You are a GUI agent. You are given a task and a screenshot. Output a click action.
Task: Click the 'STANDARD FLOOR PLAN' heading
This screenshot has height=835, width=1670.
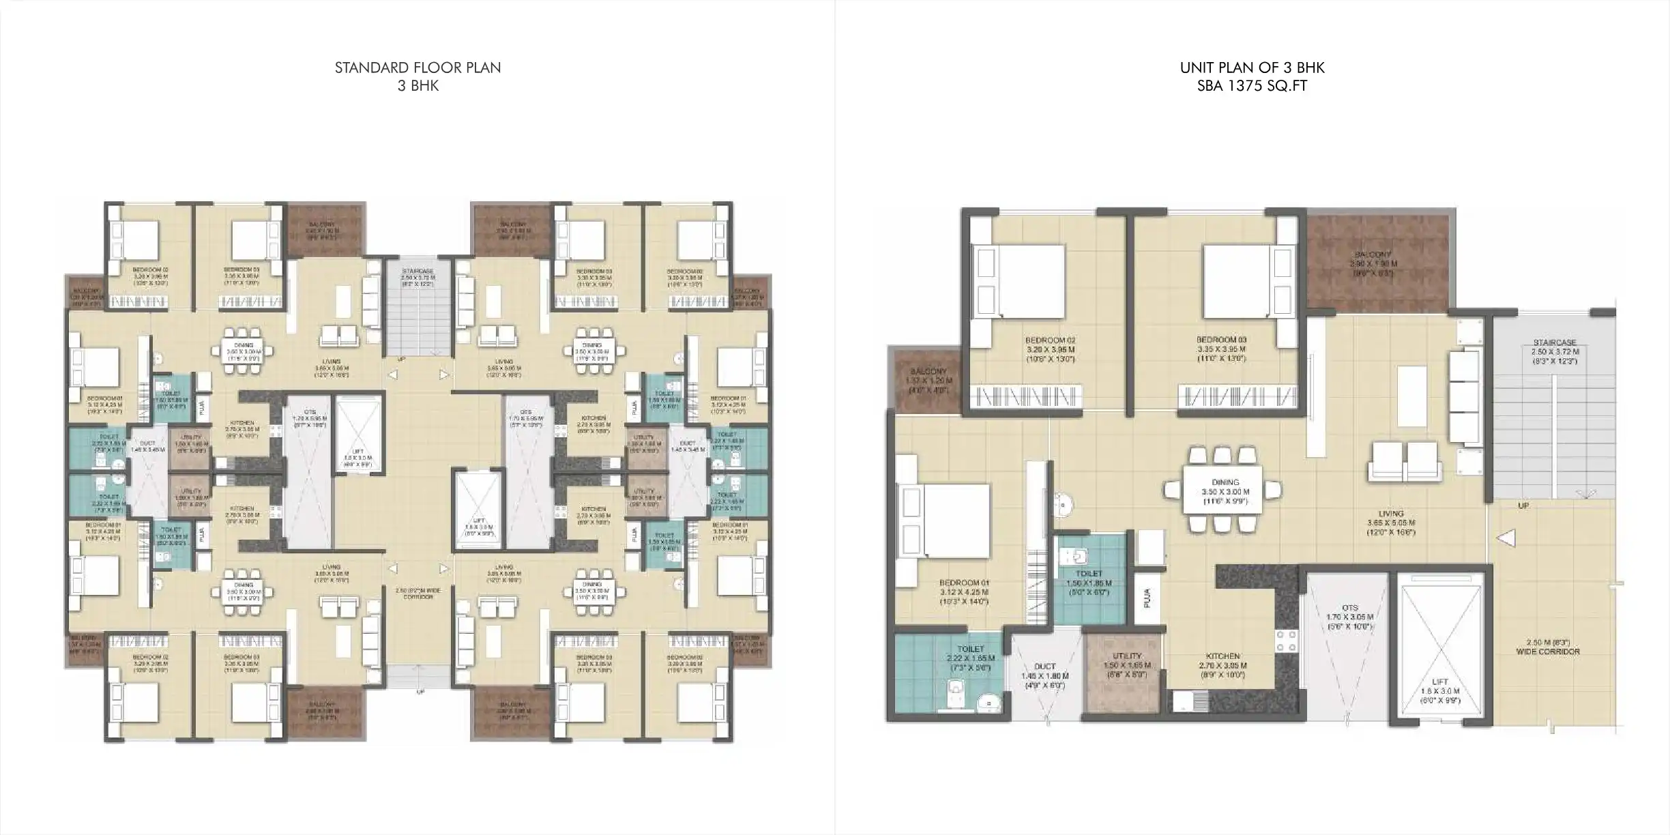(417, 68)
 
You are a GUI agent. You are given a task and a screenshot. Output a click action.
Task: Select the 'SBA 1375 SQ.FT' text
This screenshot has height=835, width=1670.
(1252, 86)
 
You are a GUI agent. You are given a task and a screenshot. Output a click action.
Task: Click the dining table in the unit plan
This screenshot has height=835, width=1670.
(1225, 491)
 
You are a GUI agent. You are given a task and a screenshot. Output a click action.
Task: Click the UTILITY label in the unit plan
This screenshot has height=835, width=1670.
(1126, 656)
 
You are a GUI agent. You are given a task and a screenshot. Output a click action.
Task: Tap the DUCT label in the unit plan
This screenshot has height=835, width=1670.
(1044, 666)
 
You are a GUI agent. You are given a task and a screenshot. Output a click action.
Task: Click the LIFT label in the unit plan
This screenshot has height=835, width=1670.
(1439, 682)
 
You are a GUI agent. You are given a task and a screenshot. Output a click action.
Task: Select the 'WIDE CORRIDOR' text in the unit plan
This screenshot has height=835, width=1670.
(1547, 651)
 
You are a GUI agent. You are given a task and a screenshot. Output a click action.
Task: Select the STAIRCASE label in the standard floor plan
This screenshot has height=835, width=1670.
(417, 271)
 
